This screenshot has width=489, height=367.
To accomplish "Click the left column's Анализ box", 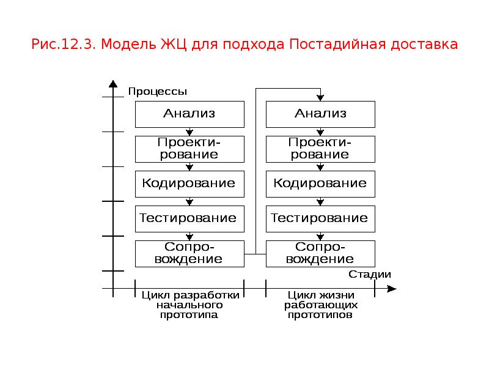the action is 189,114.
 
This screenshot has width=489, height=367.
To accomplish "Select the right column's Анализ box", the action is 320,114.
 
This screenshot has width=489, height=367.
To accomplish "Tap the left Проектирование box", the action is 189,149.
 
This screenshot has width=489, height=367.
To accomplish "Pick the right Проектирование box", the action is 320,149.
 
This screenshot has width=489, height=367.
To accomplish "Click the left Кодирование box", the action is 189,184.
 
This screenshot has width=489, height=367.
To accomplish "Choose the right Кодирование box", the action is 320,184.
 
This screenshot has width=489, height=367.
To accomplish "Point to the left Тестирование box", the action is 189,219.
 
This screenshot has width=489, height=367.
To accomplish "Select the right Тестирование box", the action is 320,219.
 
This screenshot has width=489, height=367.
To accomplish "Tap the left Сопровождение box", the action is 189,254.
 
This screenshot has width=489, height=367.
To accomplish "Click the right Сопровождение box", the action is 320,254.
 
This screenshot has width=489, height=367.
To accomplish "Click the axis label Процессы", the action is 158,91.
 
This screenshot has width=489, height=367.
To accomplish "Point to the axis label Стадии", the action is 370,274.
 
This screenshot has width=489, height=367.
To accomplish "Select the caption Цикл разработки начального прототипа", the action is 190,305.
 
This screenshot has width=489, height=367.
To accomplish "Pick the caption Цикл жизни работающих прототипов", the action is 321,305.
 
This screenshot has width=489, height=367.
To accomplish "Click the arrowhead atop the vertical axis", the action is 113,84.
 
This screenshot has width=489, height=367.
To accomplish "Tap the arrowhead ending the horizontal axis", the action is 392,289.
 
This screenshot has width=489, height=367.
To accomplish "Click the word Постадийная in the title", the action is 338,44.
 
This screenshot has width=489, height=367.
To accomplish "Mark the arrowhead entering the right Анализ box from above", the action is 320,98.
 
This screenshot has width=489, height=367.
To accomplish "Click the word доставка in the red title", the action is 424,45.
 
